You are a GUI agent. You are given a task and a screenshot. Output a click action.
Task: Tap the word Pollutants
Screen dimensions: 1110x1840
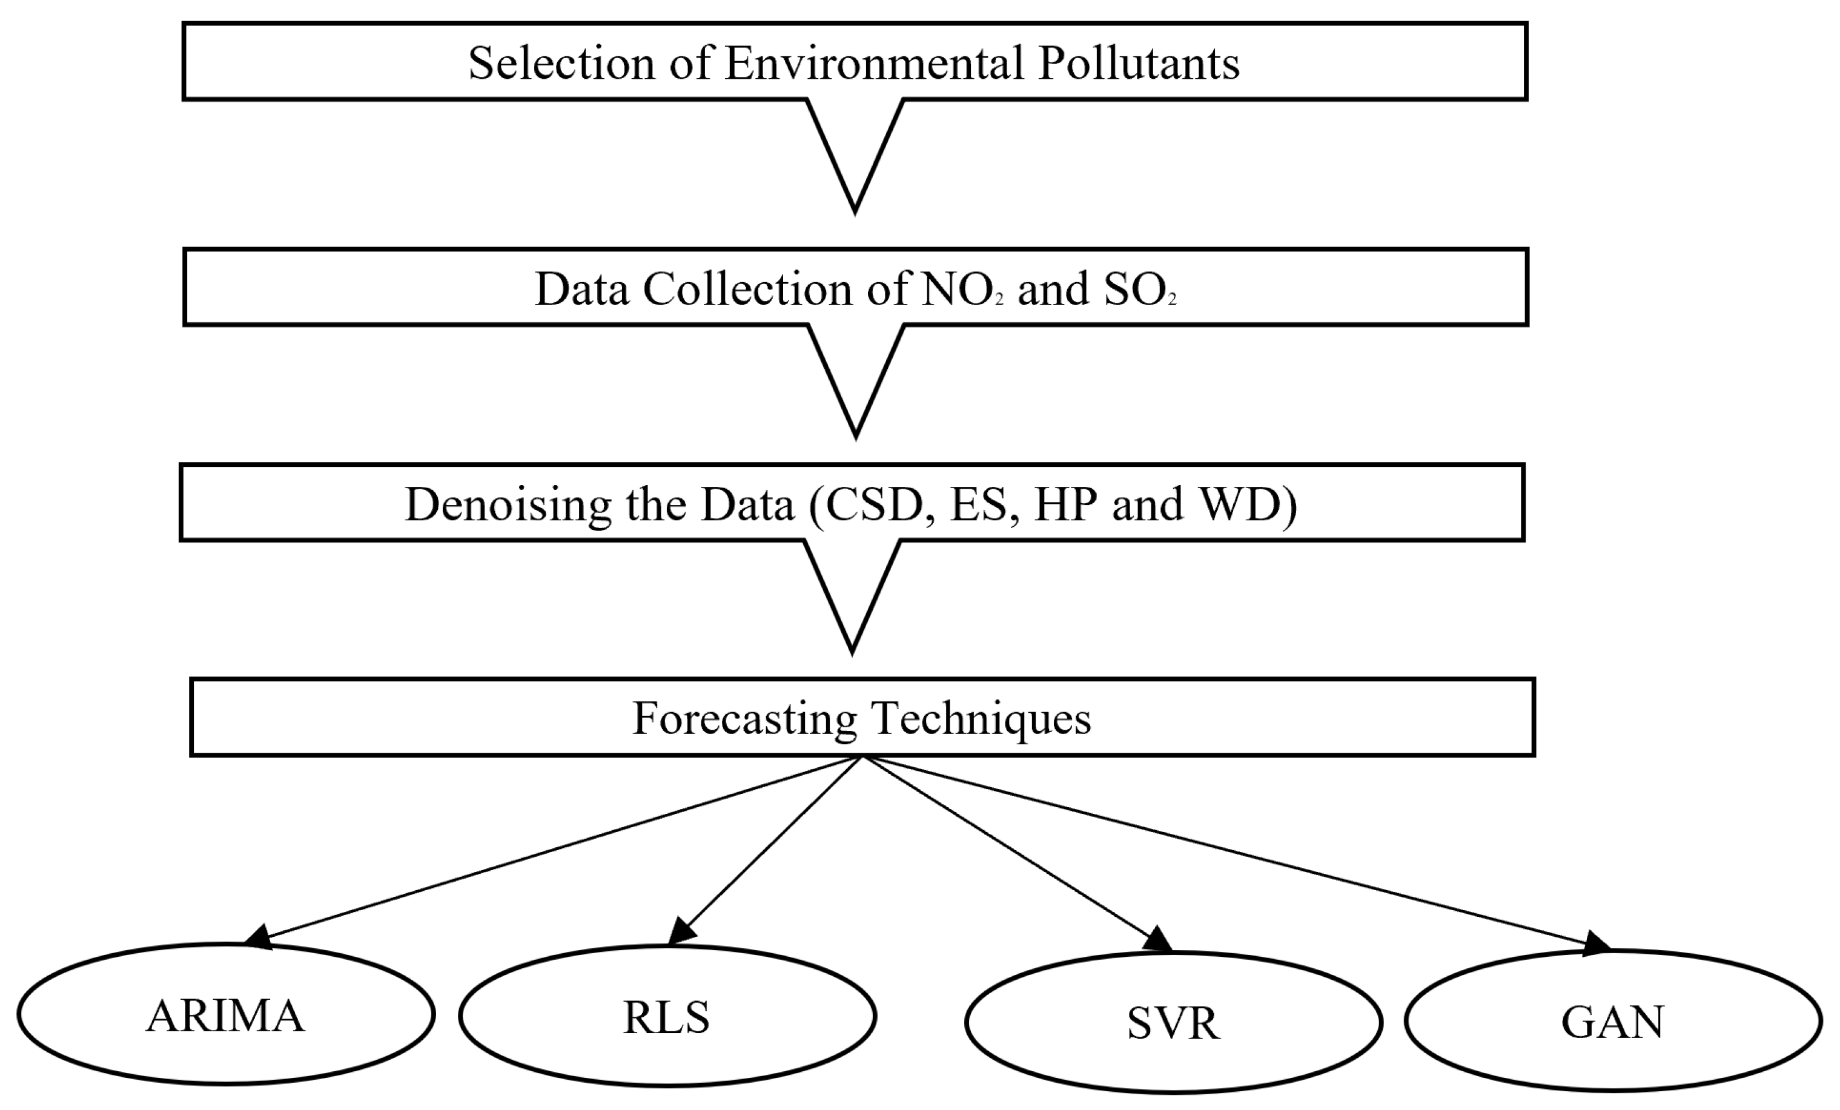click(x=1139, y=64)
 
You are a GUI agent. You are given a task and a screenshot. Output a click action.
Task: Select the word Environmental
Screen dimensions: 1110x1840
click(x=874, y=64)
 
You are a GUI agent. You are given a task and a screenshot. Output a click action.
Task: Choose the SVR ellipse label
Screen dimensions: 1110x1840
click(x=1173, y=1023)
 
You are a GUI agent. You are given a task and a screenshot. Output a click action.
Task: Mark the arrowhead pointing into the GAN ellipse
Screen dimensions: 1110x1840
click(x=1597, y=943)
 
